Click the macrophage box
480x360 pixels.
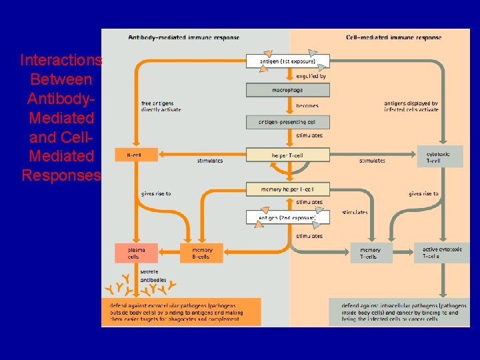(x=287, y=89)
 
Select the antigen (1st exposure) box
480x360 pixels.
(x=287, y=61)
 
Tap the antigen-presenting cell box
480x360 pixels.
(x=287, y=122)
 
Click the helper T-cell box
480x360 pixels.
(x=287, y=155)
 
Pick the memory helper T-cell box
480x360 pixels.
(x=287, y=189)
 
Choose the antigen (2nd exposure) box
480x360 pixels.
(x=287, y=218)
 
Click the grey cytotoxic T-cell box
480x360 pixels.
(x=440, y=157)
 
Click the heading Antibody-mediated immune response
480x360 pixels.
(x=183, y=37)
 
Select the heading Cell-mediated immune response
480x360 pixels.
(x=393, y=37)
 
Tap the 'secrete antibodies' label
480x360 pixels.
(x=153, y=275)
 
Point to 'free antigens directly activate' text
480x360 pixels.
(x=161, y=106)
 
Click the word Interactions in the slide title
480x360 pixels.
(x=61, y=61)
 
